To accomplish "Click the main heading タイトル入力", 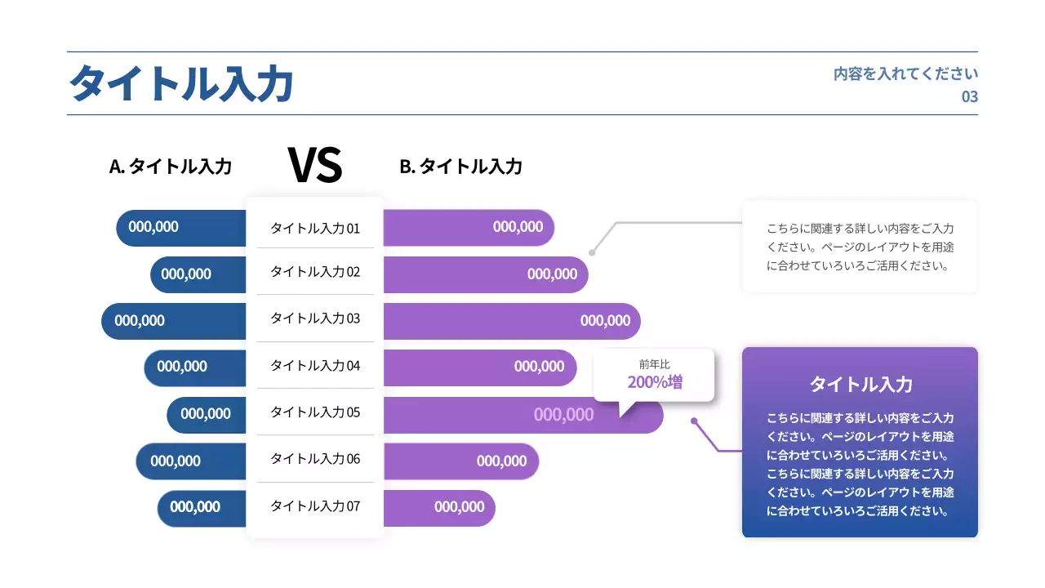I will click(180, 84).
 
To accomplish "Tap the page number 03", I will click(969, 96).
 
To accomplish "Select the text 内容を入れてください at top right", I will click(905, 73).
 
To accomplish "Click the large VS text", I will click(314, 165).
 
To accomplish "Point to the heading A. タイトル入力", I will click(171, 167).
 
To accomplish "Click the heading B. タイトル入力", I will click(460, 167).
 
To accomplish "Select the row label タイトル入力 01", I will click(314, 229).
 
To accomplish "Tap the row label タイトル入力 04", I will click(314, 366).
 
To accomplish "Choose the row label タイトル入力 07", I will click(314, 506).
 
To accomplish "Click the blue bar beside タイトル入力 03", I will click(173, 321).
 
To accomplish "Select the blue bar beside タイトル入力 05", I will click(207, 414).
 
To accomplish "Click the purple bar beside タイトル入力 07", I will click(438, 507).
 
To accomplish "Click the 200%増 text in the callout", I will click(655, 382).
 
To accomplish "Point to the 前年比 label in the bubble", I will click(655, 364).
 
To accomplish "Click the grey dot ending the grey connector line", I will click(592, 252).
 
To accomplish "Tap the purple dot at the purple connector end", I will click(694, 421).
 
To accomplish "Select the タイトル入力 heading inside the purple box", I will click(860, 384).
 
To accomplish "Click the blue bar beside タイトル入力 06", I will click(190, 461).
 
